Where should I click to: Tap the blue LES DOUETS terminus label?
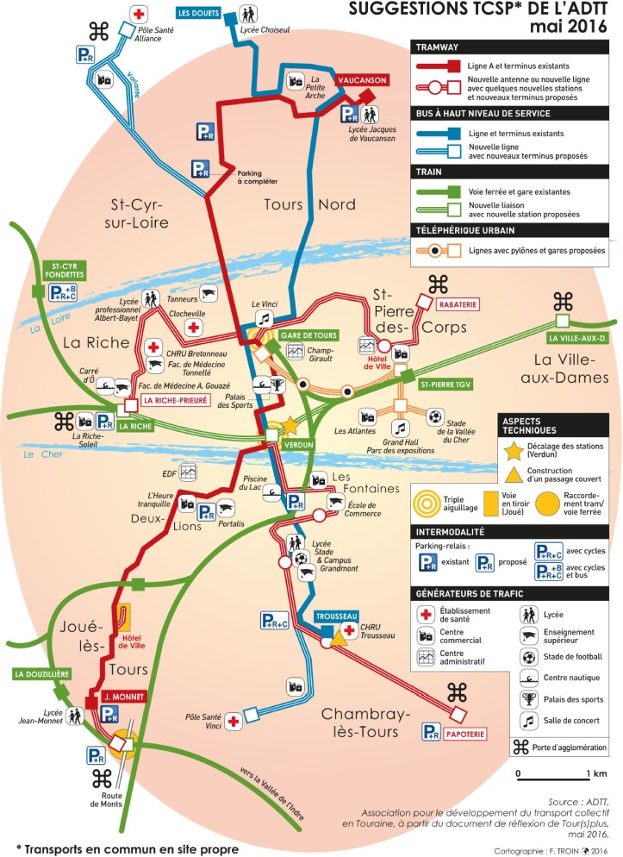coord(197,14)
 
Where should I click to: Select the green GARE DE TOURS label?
coord(306,334)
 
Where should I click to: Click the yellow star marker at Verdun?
coord(290,426)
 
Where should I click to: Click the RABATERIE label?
coord(454,304)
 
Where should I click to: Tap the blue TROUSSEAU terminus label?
coord(335,617)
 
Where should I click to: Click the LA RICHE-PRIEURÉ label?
coord(176,401)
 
